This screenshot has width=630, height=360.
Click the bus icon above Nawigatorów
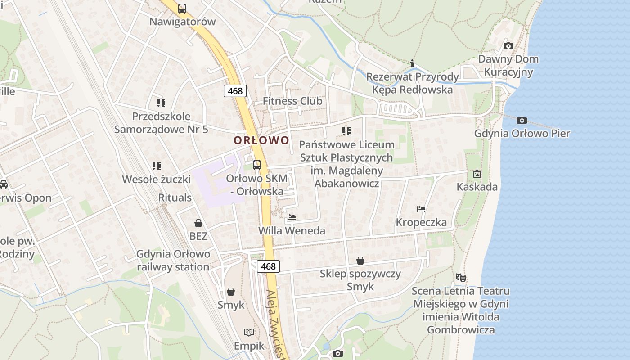pos(182,9)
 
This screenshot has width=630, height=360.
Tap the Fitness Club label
pos(292,101)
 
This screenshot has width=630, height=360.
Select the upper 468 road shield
pos(235,91)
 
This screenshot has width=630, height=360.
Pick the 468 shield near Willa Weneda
pos(268,266)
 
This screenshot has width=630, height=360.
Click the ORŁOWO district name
pos(261,140)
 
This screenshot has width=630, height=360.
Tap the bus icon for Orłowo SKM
pos(256,165)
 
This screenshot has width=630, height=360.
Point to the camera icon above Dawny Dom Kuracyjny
pos(508,46)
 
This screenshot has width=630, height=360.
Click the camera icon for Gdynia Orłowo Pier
pos(522,120)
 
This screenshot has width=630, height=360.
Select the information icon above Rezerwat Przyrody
pos(412,63)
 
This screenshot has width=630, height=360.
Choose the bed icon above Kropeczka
pos(421,209)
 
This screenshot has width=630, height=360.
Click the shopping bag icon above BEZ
pos(198,223)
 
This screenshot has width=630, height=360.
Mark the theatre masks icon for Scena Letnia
pos(460,278)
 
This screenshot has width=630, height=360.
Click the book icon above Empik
pos(249,333)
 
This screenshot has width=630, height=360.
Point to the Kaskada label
pos(477,187)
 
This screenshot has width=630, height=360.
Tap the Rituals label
pos(175,198)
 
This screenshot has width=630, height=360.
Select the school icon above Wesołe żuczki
pos(157,166)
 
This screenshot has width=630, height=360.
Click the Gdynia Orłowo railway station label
pos(173,260)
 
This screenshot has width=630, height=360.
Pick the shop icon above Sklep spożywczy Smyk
pos(360,261)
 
